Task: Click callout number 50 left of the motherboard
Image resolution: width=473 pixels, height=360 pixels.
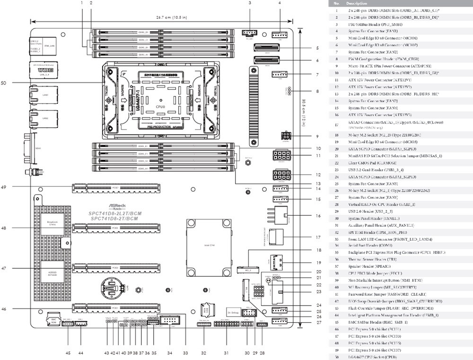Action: [3, 83]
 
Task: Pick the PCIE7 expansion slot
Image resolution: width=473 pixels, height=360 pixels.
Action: [115, 188]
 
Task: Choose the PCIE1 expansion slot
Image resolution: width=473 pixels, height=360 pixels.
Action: [115, 308]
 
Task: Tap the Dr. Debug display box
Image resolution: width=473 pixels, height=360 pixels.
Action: [232, 313]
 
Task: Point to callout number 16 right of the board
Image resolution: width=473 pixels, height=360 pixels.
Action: [318, 216]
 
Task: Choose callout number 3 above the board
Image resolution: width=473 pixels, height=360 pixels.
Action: [249, 3]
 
